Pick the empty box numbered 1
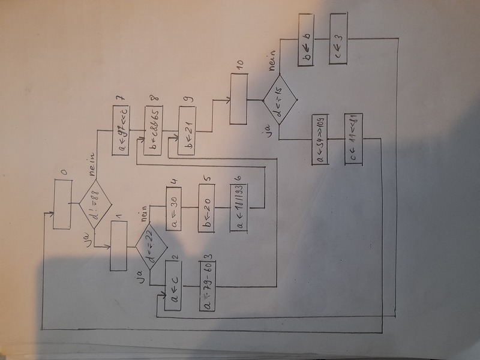click(x=119, y=246)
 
